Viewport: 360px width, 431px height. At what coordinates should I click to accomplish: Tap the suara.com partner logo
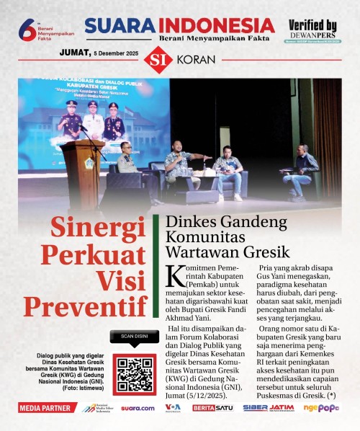(x=137, y=408)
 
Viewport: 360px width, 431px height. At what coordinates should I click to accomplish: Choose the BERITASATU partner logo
(x=212, y=408)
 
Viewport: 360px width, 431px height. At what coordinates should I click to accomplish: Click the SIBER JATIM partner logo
(x=268, y=408)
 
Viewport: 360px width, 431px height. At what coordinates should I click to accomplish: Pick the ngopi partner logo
(x=321, y=408)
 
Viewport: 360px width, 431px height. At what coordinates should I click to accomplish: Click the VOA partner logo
(x=173, y=408)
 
